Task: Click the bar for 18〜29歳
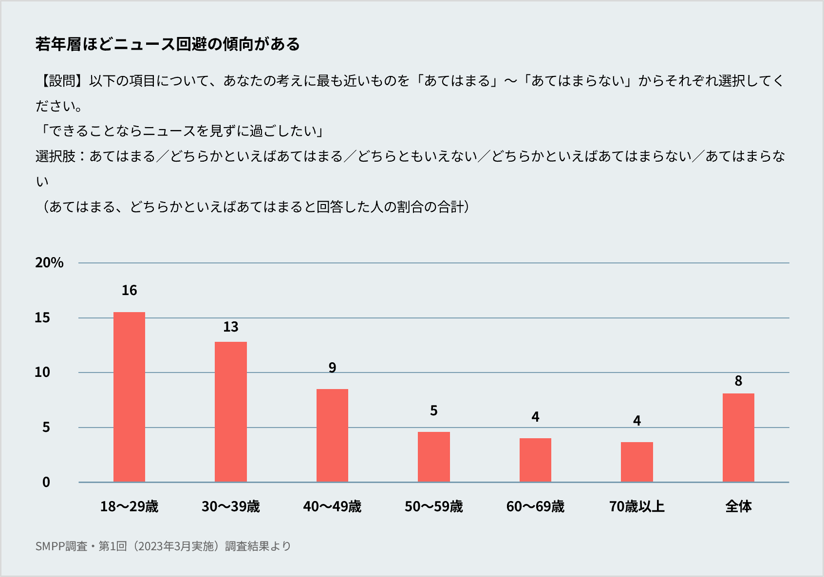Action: tap(129, 397)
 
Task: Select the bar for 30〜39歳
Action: tap(231, 412)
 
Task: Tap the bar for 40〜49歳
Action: tap(332, 435)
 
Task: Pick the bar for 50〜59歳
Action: tap(434, 457)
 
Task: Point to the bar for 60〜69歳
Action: tap(535, 460)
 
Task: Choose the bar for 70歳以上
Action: tap(637, 462)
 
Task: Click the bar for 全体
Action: tap(738, 438)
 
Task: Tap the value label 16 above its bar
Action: tap(129, 291)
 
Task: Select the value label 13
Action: tap(231, 327)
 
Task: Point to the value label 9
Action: tap(332, 368)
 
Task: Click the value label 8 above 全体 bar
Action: tap(738, 381)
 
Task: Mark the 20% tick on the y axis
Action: tap(49, 263)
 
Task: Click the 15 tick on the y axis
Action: tap(42, 318)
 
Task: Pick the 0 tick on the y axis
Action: tap(46, 482)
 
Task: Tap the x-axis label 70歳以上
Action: tap(637, 507)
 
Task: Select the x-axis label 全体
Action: tap(738, 507)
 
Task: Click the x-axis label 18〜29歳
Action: tap(129, 507)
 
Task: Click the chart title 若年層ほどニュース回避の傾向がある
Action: tap(168, 44)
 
